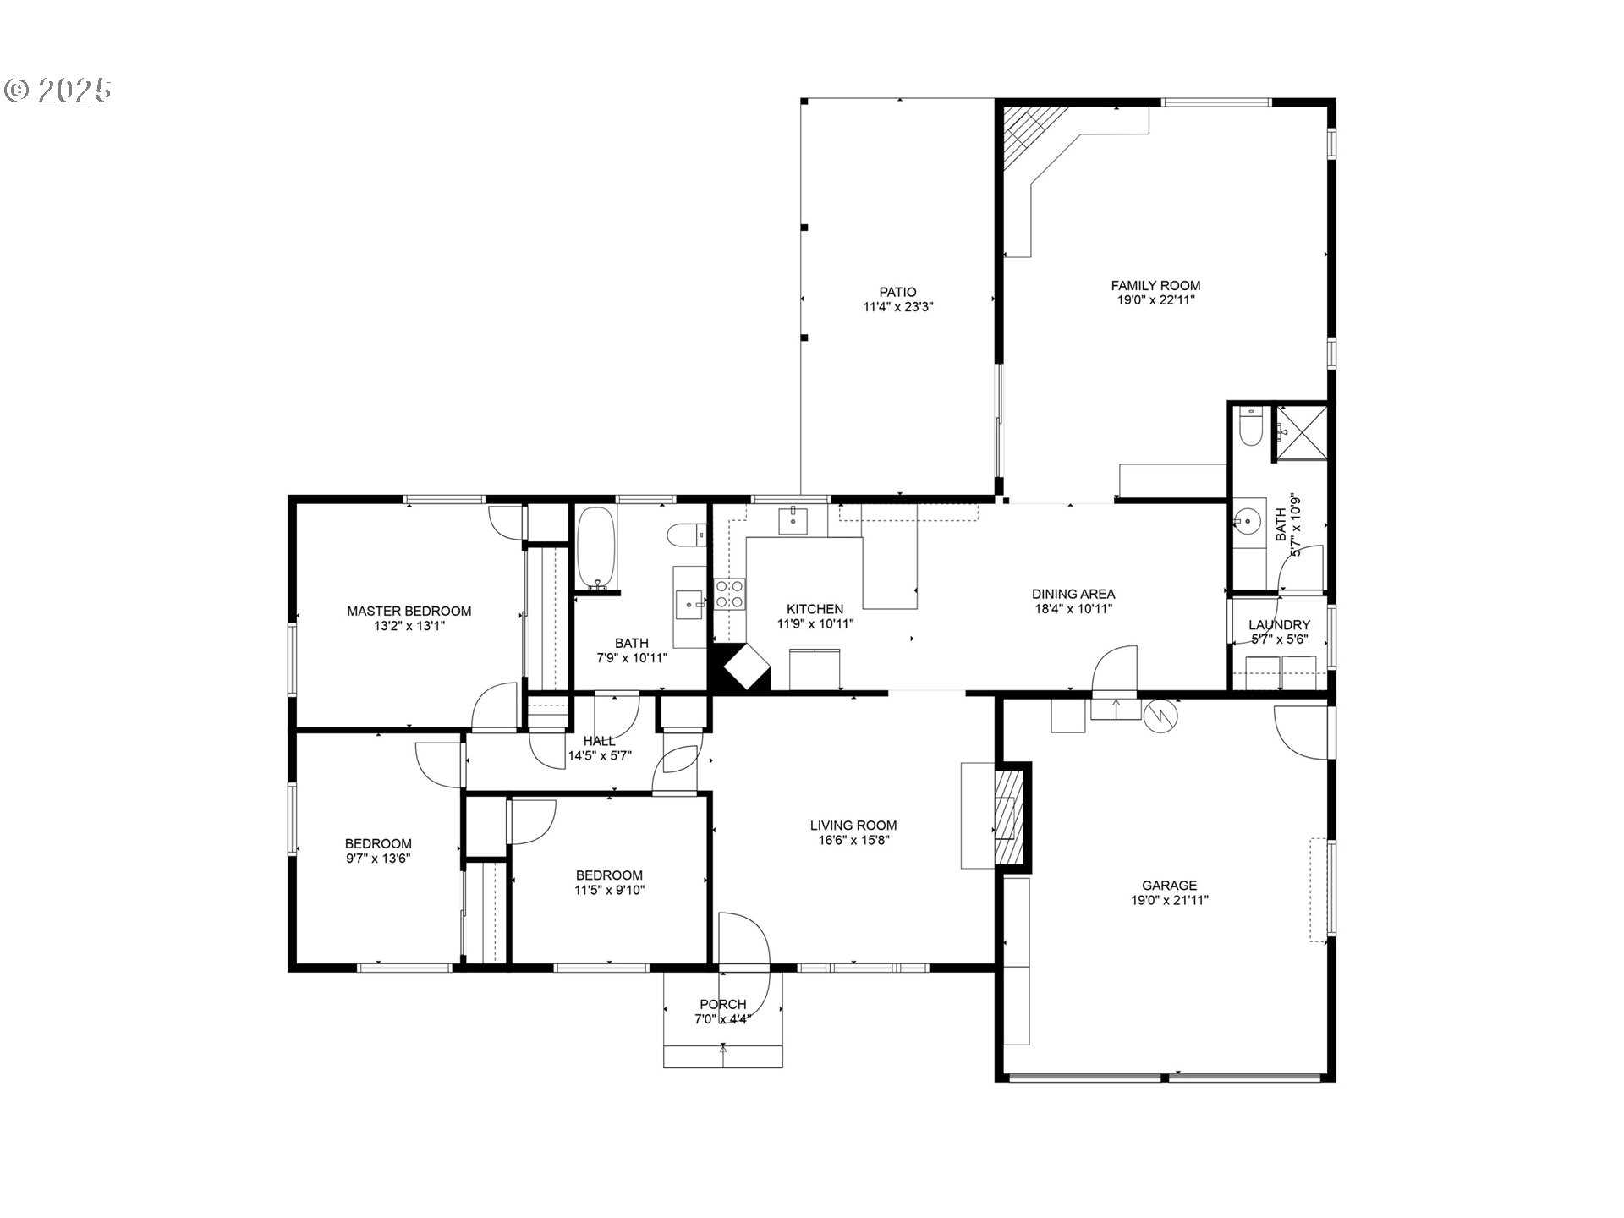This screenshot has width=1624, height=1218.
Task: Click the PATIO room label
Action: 897,293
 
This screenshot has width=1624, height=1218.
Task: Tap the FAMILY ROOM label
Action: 1155,286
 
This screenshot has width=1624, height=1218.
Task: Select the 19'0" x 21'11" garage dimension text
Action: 1170,900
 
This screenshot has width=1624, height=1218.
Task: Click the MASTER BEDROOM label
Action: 409,612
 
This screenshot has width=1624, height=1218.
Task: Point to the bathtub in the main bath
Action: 596,547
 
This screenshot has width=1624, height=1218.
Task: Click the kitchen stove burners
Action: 730,594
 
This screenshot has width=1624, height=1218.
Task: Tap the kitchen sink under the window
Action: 793,521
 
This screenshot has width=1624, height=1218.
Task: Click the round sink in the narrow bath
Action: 1248,520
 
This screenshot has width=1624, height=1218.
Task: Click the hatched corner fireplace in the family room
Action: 1026,135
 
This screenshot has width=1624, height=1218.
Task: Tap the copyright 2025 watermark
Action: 58,91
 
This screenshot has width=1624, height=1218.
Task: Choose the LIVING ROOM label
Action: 853,826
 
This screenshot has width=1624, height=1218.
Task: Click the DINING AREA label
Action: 1073,594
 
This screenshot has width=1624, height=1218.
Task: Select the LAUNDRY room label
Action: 1279,625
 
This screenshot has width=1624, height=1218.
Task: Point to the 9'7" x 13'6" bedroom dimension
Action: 378,859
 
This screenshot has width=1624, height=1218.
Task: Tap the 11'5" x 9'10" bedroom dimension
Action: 610,890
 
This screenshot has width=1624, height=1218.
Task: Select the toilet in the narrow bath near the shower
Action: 1249,427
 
